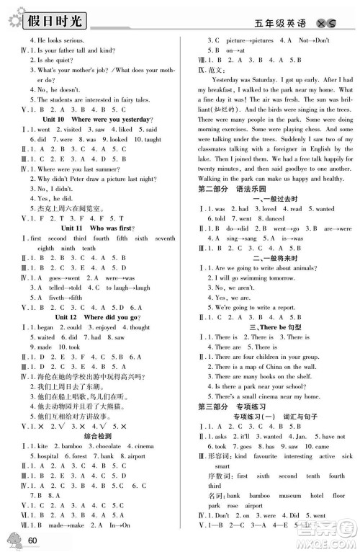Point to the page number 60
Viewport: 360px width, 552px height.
point(32,540)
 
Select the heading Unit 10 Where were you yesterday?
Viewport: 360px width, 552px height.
point(94,118)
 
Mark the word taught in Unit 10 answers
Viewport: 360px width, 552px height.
point(152,139)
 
